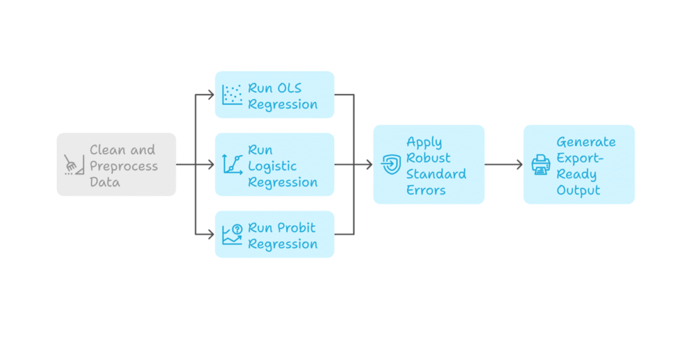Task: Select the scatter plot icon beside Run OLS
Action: [x=232, y=95]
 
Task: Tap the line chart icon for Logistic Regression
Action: [x=232, y=164]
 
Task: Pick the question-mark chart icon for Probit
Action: [x=232, y=235]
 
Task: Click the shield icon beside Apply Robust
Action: [x=390, y=164]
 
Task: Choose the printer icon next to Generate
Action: [x=541, y=164]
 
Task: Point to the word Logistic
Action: [x=272, y=166]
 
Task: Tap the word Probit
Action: [x=296, y=228]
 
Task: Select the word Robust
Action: [x=428, y=158]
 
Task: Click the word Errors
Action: [x=426, y=190]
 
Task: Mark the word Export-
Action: [x=580, y=158]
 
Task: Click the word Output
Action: [x=578, y=190]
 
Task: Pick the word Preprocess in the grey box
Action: [x=123, y=166]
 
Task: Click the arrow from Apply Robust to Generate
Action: [x=503, y=164]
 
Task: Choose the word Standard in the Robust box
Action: [x=436, y=174]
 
